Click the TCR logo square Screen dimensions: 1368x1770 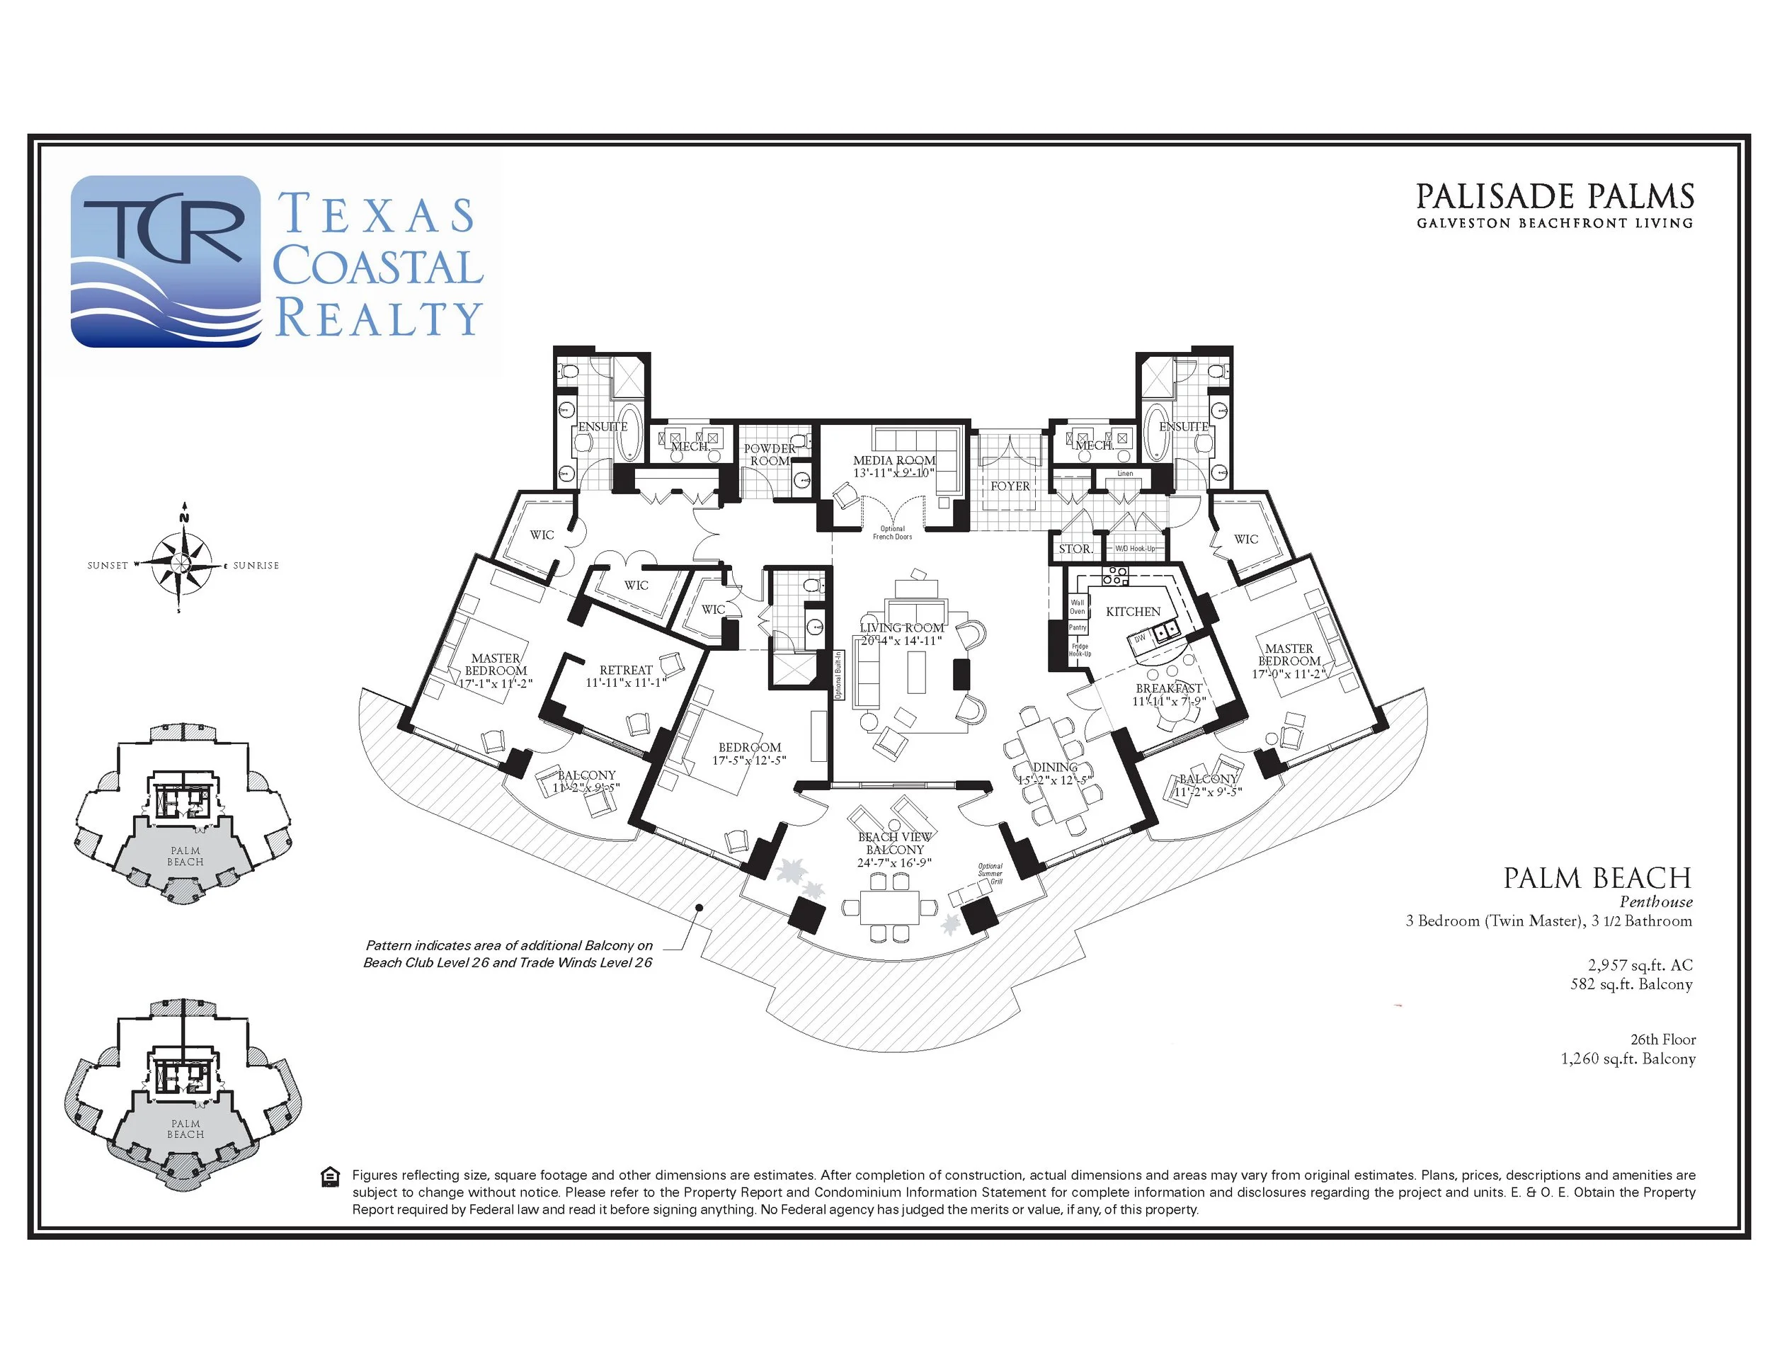click(166, 261)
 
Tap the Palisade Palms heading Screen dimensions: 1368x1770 click(1555, 197)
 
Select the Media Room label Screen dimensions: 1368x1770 click(894, 460)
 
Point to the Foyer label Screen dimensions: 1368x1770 click(1010, 486)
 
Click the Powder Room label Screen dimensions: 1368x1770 click(770, 455)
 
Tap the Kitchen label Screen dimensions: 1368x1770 click(1133, 612)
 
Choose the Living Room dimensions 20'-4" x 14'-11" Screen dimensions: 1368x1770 click(901, 641)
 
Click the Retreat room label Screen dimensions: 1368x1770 click(626, 671)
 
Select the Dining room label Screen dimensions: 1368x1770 click(1055, 768)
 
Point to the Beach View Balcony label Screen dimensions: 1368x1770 click(895, 843)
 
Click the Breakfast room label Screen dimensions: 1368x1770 click(1169, 689)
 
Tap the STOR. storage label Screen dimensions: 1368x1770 click(1075, 549)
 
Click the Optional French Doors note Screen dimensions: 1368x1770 click(892, 533)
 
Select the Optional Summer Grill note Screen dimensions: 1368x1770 click(990, 874)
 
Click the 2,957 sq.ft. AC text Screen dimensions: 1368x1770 click(1640, 965)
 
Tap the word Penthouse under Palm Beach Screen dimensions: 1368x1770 click(1656, 902)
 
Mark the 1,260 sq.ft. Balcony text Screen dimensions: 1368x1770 click(1628, 1059)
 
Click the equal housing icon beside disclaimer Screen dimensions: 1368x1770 click(330, 1177)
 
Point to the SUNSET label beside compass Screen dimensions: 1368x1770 click(108, 566)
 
